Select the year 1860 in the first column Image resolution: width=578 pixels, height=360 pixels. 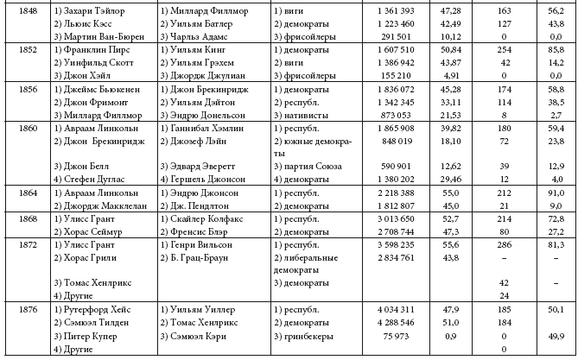pyautogui.click(x=28, y=127)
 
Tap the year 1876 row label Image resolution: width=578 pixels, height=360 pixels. pyautogui.click(x=28, y=308)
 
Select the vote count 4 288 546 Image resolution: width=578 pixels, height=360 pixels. pyautogui.click(x=395, y=322)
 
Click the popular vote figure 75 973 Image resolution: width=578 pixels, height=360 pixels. pyautogui.click(x=401, y=336)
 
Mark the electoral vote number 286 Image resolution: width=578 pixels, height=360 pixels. pyautogui.click(x=504, y=245)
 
